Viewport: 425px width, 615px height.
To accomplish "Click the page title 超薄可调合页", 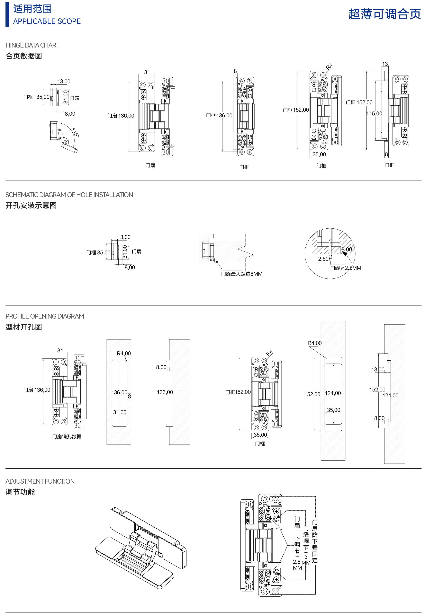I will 384,14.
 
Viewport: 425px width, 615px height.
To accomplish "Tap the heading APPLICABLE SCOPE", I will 47,21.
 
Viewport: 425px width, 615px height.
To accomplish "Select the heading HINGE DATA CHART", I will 32,45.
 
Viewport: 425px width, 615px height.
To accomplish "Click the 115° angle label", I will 75,132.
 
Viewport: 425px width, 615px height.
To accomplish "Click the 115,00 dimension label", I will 374,114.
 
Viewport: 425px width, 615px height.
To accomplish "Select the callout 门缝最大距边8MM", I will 241,274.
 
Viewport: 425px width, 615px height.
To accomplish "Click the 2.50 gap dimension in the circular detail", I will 323,259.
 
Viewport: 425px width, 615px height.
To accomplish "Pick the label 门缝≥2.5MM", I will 346,268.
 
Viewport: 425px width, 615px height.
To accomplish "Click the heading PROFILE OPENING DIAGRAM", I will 45,316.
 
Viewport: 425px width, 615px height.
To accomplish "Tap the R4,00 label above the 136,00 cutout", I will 124,353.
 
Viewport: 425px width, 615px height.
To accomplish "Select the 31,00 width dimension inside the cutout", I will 120,412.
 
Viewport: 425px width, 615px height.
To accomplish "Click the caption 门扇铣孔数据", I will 67,436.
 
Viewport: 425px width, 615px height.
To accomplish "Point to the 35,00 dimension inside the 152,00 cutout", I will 333,410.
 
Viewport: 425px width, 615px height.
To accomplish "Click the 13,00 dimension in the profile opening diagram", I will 378,369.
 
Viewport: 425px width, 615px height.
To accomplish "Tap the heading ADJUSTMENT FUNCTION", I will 40,481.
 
